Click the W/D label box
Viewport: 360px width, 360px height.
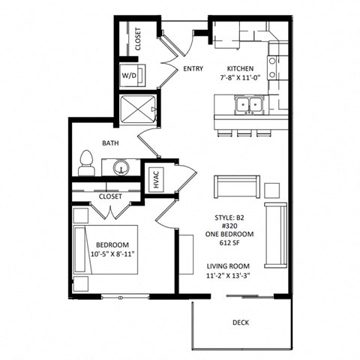129,75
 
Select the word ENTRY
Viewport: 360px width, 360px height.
193,69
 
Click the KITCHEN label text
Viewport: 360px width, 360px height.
241,68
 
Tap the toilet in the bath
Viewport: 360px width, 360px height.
86,163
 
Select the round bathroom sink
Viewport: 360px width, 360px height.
121,166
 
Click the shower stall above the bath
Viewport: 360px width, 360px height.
139,109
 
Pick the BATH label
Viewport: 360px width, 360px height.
110,142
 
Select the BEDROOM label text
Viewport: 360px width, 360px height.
112,245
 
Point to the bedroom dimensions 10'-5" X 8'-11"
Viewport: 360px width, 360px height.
112,255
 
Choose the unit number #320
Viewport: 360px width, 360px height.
235,226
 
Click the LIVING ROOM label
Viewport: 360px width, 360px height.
235,266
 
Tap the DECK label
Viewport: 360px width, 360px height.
241,323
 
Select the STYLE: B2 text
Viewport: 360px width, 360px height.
235,217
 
